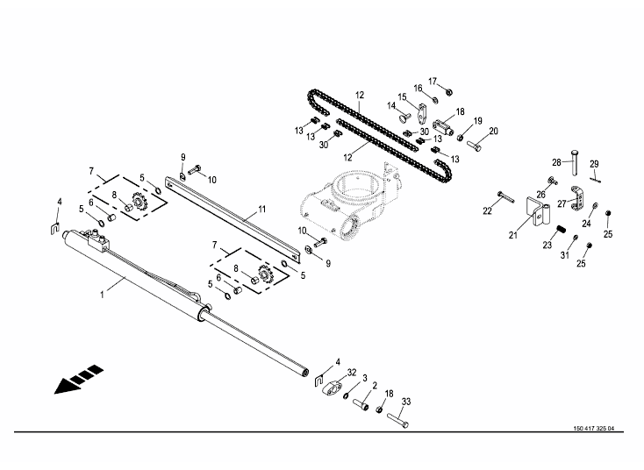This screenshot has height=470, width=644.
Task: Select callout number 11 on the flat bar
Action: pyautogui.click(x=261, y=210)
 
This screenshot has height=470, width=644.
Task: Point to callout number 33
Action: pyautogui.click(x=406, y=402)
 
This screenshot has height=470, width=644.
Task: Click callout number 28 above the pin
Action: pyautogui.click(x=555, y=162)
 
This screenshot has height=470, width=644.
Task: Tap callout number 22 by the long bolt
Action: pyautogui.click(x=487, y=210)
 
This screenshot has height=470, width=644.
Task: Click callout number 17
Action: pyautogui.click(x=432, y=81)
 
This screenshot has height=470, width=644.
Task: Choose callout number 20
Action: pyautogui.click(x=493, y=131)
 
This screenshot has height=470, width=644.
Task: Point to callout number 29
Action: pyautogui.click(x=593, y=164)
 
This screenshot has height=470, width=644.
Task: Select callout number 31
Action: pyautogui.click(x=565, y=255)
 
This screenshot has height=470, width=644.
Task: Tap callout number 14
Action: pyautogui.click(x=392, y=105)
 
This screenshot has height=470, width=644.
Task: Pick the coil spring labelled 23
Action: pyautogui.click(x=556, y=230)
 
